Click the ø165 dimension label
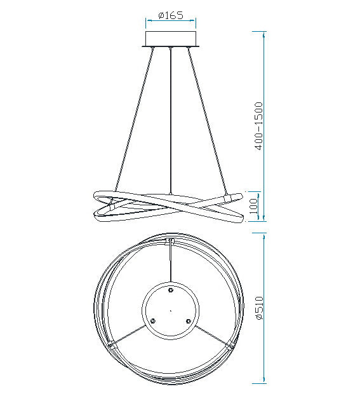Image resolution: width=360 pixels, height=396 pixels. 171,15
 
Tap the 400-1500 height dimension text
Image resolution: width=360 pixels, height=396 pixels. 259,126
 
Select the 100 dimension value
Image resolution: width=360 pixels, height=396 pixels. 255,206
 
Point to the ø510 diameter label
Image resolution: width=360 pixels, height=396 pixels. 259,308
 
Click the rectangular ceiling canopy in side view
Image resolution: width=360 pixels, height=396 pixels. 171,39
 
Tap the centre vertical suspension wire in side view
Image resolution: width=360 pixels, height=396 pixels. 171,121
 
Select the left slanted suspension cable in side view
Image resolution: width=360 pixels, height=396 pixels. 134,119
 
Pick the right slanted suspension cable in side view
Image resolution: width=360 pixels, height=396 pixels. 207,121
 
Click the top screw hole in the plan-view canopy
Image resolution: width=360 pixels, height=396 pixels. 171,290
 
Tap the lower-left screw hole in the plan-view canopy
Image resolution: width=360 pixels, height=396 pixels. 152,321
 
